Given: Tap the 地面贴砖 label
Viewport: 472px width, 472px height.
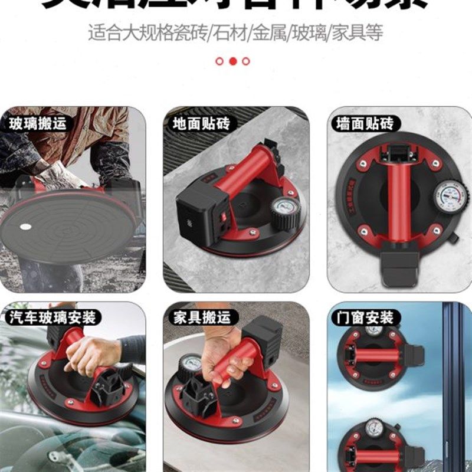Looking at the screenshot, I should (201, 124).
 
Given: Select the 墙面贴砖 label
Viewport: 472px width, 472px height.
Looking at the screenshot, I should (365, 124).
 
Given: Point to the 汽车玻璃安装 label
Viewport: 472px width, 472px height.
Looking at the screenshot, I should (53, 317).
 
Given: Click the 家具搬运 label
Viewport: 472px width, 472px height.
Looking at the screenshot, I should (201, 317).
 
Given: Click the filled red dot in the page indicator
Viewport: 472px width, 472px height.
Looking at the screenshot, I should (232, 61).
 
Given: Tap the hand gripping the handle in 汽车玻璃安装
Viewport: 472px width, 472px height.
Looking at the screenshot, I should (91, 354).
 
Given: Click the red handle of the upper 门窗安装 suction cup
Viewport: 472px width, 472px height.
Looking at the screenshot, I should (375, 355).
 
